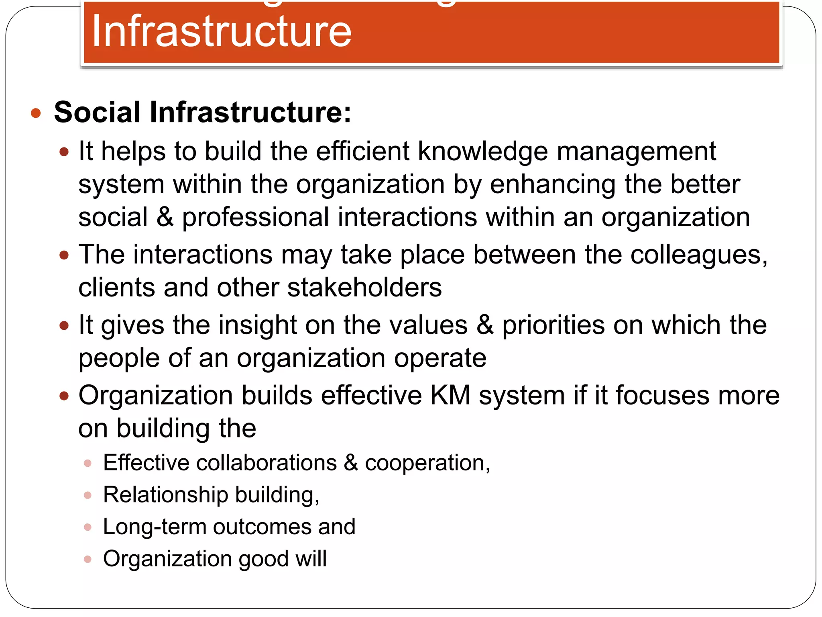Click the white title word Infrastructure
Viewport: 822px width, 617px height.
222,31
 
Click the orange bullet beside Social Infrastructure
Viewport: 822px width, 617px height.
36,113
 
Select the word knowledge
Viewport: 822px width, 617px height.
483,152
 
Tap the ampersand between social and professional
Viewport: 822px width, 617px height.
165,217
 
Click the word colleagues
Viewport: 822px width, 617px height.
699,255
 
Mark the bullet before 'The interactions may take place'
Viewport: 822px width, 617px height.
64,255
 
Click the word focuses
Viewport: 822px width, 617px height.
662,395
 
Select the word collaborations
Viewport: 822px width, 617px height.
267,463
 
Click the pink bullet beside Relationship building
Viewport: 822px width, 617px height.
88,495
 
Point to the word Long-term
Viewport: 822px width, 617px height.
154,527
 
